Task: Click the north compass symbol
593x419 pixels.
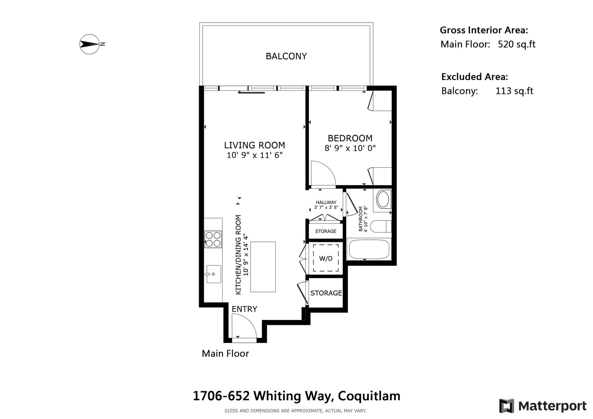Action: click(x=90, y=44)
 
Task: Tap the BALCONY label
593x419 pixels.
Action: click(x=286, y=56)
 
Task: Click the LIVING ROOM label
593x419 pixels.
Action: click(x=254, y=145)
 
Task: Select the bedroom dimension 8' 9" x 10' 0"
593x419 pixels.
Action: click(x=350, y=148)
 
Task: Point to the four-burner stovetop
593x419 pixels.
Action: click(x=213, y=239)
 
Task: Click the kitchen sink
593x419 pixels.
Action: click(x=214, y=274)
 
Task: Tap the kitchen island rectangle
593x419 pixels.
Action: click(x=263, y=267)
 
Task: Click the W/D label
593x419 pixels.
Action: click(x=326, y=259)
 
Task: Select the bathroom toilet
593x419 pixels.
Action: click(x=380, y=226)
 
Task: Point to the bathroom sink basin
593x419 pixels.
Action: click(x=383, y=200)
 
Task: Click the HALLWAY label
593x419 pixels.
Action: click(x=326, y=202)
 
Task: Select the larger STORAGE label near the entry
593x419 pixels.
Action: click(x=326, y=293)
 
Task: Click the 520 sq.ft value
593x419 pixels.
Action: click(x=516, y=44)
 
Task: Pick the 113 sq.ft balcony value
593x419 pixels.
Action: click(x=514, y=91)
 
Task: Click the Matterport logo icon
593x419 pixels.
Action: click(x=506, y=406)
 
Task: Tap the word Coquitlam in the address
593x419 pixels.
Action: click(x=369, y=396)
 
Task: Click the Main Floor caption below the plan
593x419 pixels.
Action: click(x=225, y=353)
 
